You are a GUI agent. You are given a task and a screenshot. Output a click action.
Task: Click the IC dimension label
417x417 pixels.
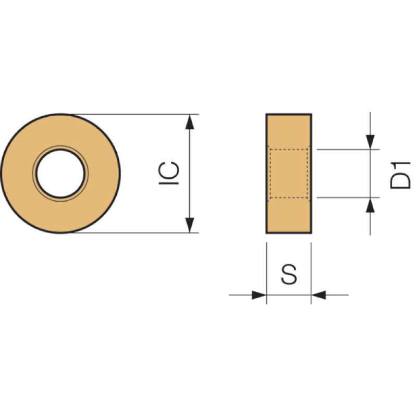(x=169, y=173)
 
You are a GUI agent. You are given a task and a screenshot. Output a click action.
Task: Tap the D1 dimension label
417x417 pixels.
(x=400, y=175)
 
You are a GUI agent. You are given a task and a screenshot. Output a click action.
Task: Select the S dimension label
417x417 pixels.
(x=289, y=275)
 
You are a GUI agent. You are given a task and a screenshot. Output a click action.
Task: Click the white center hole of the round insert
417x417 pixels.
(x=60, y=174)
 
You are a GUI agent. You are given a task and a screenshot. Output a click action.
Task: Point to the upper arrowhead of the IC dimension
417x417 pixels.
(x=190, y=122)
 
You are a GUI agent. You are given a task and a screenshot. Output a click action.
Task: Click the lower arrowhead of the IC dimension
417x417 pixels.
(x=190, y=225)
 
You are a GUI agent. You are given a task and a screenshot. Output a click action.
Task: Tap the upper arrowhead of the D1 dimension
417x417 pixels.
(x=370, y=142)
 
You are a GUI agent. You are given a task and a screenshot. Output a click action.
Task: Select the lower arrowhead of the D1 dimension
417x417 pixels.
(x=370, y=205)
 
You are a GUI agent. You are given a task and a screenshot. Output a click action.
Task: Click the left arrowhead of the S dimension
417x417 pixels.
(x=259, y=295)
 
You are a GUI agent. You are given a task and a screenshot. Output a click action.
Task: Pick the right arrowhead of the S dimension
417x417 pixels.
(x=318, y=295)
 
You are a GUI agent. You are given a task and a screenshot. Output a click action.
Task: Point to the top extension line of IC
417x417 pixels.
(x=136, y=114)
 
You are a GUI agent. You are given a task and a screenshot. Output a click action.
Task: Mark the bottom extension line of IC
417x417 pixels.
(x=136, y=232)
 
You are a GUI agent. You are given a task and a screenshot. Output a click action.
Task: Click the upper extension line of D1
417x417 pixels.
(x=348, y=150)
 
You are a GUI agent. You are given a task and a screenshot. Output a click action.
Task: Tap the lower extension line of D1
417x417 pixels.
(x=348, y=198)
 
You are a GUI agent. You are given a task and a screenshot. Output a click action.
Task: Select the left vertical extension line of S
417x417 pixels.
(x=266, y=273)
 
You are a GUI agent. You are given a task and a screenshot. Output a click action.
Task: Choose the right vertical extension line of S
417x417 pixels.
(x=311, y=273)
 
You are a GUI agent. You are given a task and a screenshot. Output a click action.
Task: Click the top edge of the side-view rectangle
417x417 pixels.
(x=289, y=114)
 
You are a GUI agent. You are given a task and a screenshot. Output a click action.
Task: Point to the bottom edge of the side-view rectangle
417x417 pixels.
(x=289, y=233)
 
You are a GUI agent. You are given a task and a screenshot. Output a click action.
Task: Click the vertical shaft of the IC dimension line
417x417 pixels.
(x=190, y=174)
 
